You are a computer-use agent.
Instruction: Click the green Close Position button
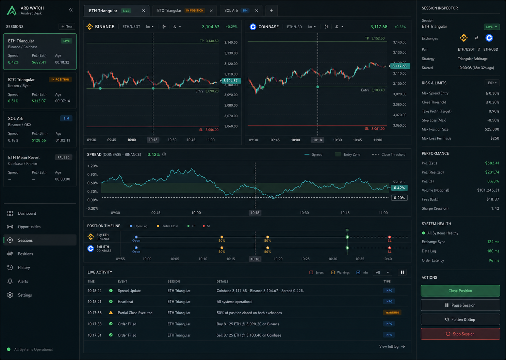point(460,291)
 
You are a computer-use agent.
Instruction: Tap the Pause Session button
point(460,305)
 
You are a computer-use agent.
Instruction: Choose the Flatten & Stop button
point(460,320)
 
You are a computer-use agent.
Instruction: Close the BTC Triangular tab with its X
point(211,11)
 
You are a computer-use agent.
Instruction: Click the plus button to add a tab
point(272,11)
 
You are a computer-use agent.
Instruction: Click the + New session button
point(67,26)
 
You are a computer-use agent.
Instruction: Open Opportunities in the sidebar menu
point(29,227)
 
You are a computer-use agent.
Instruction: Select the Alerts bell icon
point(10,281)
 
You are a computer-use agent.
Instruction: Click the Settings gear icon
point(10,295)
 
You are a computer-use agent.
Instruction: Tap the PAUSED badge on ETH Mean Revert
point(64,157)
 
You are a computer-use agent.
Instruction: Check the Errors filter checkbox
point(311,272)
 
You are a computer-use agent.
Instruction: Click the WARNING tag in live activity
point(392,313)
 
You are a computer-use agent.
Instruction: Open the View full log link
point(392,346)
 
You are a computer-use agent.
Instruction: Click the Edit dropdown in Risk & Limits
point(492,83)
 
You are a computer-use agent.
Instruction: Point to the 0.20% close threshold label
point(399,198)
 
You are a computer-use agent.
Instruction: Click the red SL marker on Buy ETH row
point(389,237)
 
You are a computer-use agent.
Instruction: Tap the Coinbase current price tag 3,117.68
point(399,66)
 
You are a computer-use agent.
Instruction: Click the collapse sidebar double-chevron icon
point(71,10)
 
